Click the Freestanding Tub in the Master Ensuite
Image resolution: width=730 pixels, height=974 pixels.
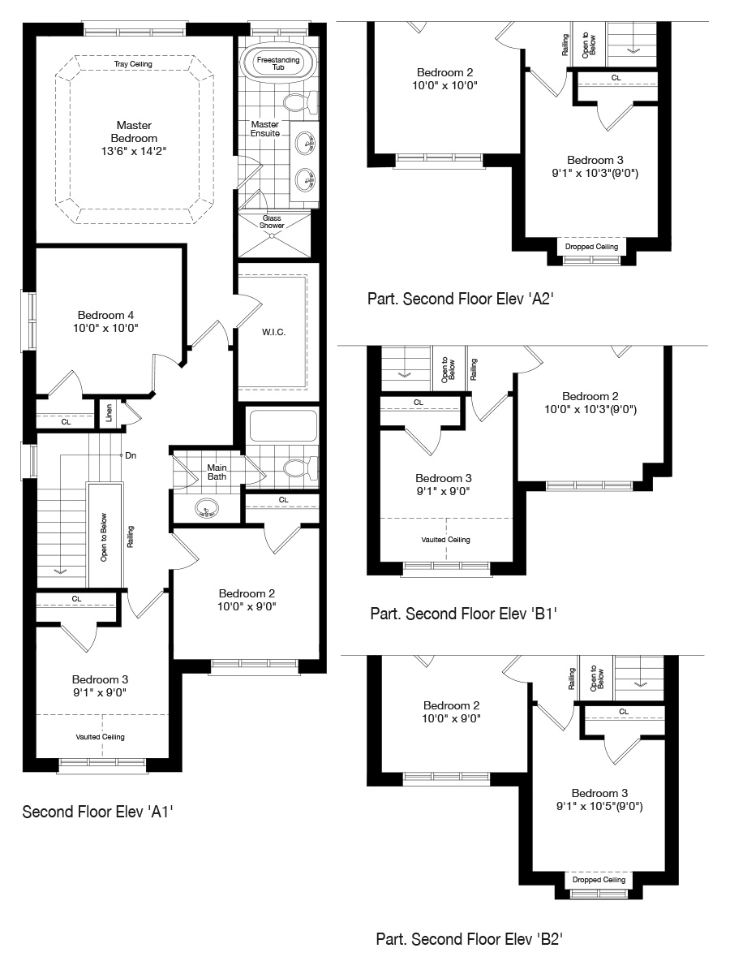coord(278,64)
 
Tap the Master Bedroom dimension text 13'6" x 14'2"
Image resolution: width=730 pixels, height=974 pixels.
coord(134,151)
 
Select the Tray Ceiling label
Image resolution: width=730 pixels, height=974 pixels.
coord(133,64)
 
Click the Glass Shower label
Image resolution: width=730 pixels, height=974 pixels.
coord(272,222)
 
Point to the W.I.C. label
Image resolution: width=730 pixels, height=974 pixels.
coord(273,332)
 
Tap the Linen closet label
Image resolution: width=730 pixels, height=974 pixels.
coord(109,412)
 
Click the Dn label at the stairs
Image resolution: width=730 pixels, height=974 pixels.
coord(131,455)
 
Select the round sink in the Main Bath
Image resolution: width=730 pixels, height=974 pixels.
coord(207,507)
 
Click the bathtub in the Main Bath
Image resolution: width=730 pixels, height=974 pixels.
coord(283,425)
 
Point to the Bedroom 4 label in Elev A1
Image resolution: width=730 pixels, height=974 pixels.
coord(105,315)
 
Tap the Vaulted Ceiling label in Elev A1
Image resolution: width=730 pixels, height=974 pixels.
coord(100,737)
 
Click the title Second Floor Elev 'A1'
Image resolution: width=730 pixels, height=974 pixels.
coord(97,812)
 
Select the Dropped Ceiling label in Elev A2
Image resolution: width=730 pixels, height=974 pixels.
coord(591,247)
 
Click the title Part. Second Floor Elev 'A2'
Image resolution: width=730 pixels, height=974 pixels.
coord(461,299)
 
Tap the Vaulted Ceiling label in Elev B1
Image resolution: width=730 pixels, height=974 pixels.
coord(445,540)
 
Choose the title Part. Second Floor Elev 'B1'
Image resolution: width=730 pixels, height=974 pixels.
coord(464,614)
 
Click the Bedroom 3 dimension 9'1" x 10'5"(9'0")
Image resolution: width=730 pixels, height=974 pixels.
coord(599,806)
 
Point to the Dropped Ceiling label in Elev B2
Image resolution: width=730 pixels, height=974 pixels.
coord(599,880)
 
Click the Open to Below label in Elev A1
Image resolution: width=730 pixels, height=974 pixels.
coord(104,537)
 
